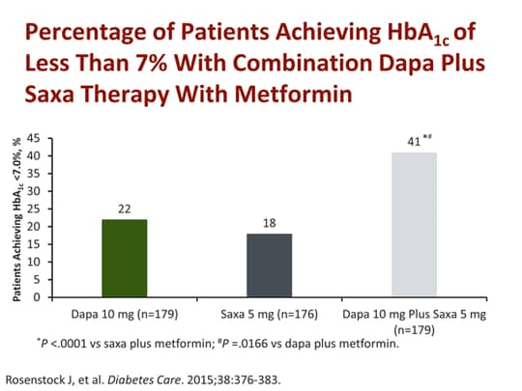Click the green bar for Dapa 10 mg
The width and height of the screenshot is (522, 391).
[x=124, y=258]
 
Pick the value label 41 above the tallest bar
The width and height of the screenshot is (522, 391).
[x=413, y=143]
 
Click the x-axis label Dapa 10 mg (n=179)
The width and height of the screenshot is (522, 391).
[x=124, y=315]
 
